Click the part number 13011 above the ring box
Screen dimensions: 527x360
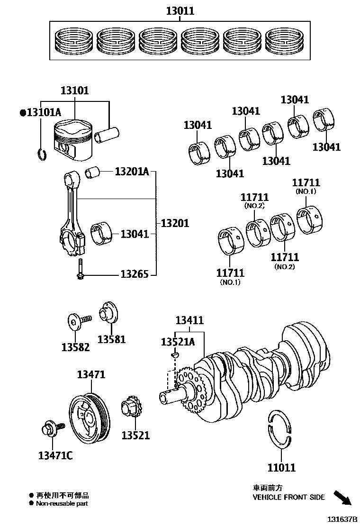click(x=180, y=10)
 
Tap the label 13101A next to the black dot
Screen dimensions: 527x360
click(x=44, y=113)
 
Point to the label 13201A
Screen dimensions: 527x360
click(x=131, y=171)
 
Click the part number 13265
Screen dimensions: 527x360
click(x=134, y=274)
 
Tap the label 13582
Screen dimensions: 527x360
click(x=75, y=347)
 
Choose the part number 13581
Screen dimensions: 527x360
click(x=112, y=339)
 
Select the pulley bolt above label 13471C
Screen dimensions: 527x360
click(x=50, y=430)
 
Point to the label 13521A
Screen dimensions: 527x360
click(x=178, y=342)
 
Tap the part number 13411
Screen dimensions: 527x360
click(x=189, y=320)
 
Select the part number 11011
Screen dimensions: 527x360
click(x=281, y=467)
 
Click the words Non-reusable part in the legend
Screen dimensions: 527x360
click(x=62, y=504)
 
